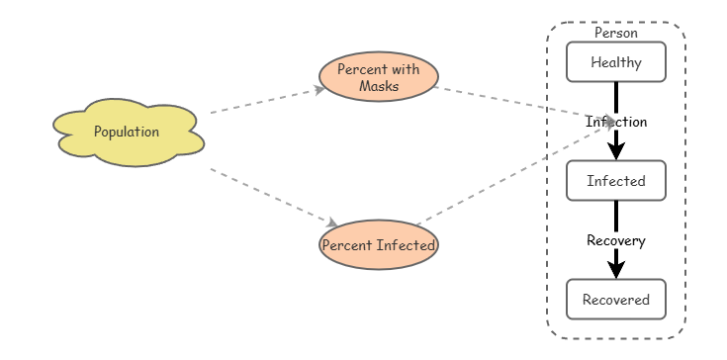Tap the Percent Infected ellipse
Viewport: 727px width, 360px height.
tap(378, 244)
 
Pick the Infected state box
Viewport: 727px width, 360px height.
tap(615, 181)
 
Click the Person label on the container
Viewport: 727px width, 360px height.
tap(615, 33)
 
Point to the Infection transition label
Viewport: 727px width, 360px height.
tap(615, 122)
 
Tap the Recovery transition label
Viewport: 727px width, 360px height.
tap(615, 240)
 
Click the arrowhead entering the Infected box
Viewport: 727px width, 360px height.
tap(615, 150)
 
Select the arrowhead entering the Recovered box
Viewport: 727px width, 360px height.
tap(615, 269)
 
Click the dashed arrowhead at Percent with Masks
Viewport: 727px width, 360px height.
tap(319, 89)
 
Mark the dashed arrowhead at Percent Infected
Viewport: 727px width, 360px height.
tap(332, 224)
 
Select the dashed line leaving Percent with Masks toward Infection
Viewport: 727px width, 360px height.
tap(514, 104)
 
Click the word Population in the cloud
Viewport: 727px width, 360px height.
tap(127, 132)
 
